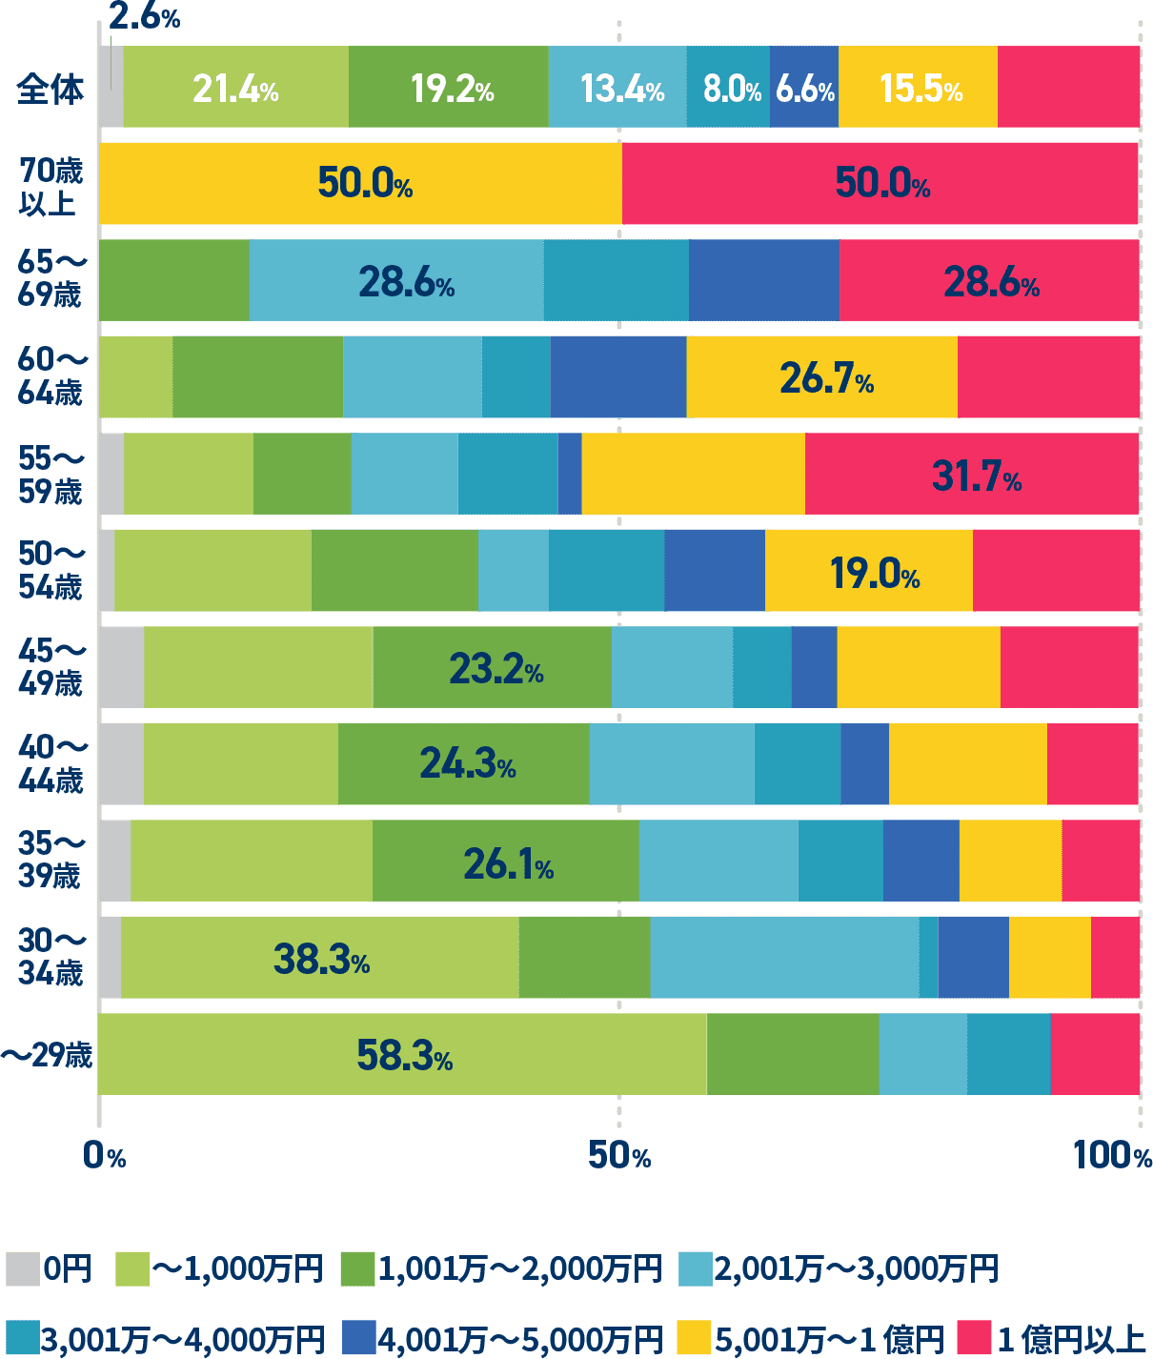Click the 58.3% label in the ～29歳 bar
pos(404,1055)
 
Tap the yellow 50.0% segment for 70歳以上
pos(360,183)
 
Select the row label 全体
pos(50,90)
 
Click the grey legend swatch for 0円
pos(22,1268)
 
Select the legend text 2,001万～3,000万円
pos(856,1268)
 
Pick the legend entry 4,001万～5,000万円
pos(519,1338)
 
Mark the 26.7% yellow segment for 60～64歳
pos(825,378)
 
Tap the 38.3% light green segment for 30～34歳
pos(320,959)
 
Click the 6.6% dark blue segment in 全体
pos(804,88)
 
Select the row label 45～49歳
pos(51,667)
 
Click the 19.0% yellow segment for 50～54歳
pos(873,572)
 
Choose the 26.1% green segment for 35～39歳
pos(507,863)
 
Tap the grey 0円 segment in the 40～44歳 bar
pos(122,764)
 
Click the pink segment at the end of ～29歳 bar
pos(1095,1054)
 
